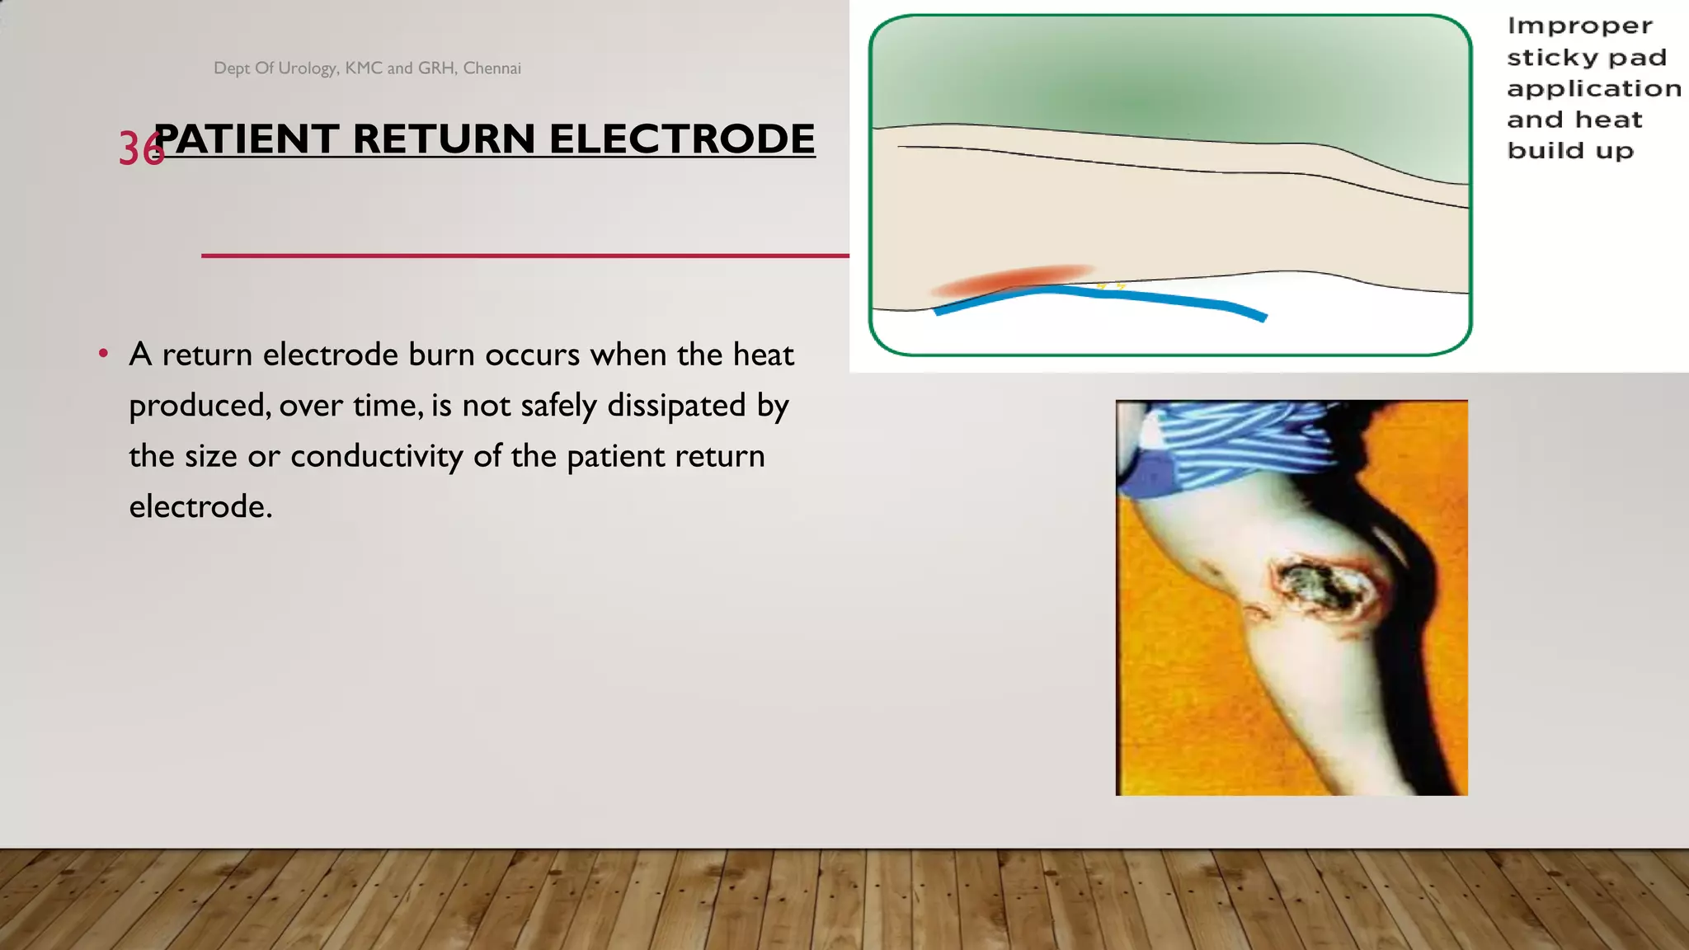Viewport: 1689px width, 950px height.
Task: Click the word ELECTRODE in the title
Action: click(x=682, y=139)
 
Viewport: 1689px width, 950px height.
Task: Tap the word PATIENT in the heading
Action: click(x=247, y=139)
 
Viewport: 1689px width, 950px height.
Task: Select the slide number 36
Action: click(x=140, y=149)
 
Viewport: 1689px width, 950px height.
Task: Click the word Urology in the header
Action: click(x=308, y=68)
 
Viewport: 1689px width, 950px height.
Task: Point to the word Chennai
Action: click(x=492, y=68)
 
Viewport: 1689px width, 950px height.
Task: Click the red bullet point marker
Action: click(x=103, y=354)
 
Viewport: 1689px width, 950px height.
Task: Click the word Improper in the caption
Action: click(x=1579, y=26)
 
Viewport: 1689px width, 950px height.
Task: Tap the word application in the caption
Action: click(x=1593, y=89)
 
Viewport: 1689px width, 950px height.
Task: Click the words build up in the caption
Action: click(x=1570, y=151)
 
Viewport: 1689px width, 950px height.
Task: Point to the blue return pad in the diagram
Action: click(x=1155, y=298)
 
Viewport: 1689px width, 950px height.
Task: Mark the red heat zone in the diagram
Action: click(x=1014, y=279)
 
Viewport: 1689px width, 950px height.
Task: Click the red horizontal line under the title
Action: click(x=525, y=256)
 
